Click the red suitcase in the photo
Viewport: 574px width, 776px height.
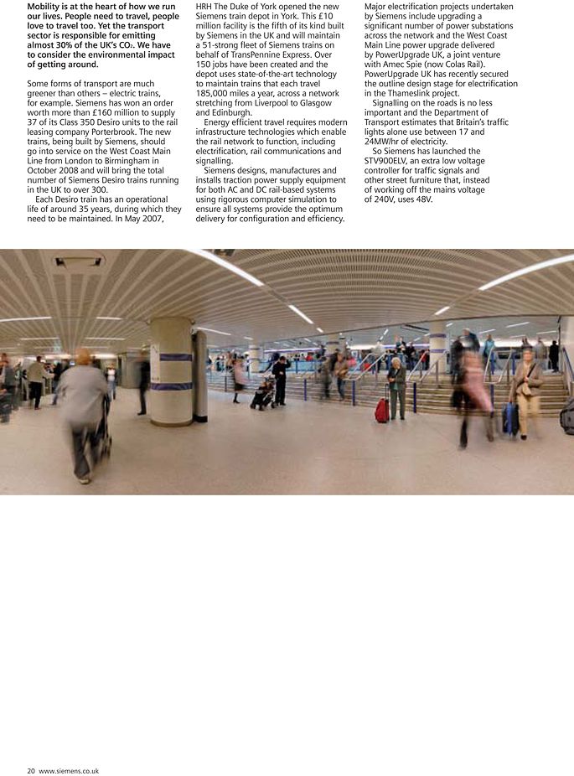coord(382,410)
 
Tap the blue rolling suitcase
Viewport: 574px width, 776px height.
coord(510,418)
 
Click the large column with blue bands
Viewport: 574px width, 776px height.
coord(171,370)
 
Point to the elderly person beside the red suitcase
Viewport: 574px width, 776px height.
coord(396,388)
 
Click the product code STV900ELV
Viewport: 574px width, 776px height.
coord(393,161)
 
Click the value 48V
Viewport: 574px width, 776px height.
coord(423,199)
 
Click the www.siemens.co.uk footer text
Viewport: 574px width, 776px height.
coord(69,770)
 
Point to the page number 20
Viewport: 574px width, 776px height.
coord(31,770)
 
